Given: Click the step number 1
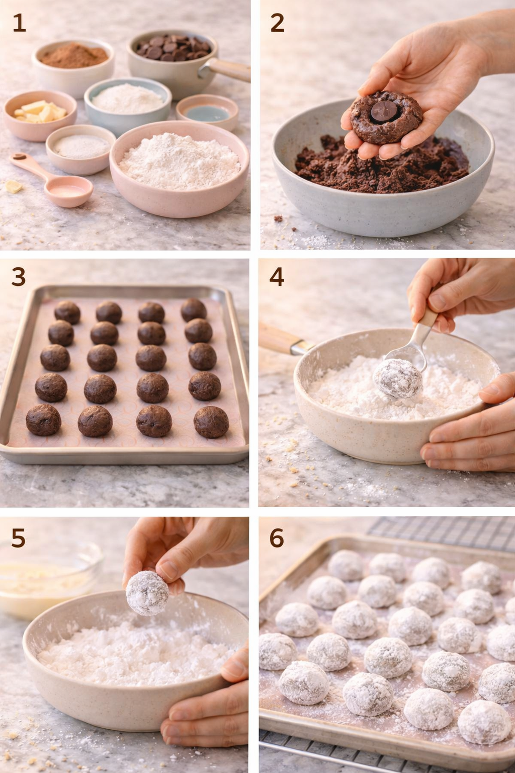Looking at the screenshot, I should tap(19, 23).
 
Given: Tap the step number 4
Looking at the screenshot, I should tap(277, 277).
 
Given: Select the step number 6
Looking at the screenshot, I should tap(277, 538).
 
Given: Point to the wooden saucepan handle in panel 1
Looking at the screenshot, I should tap(229, 69).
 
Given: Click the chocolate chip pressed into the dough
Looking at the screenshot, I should tap(381, 112).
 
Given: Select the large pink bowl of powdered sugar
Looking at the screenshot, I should tap(179, 165).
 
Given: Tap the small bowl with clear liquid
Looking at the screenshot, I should tap(207, 112).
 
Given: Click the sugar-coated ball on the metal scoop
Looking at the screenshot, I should tap(397, 378).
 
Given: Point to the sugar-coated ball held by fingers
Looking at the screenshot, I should tap(147, 593).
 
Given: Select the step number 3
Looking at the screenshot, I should tap(19, 277).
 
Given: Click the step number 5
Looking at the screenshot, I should tap(19, 538).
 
